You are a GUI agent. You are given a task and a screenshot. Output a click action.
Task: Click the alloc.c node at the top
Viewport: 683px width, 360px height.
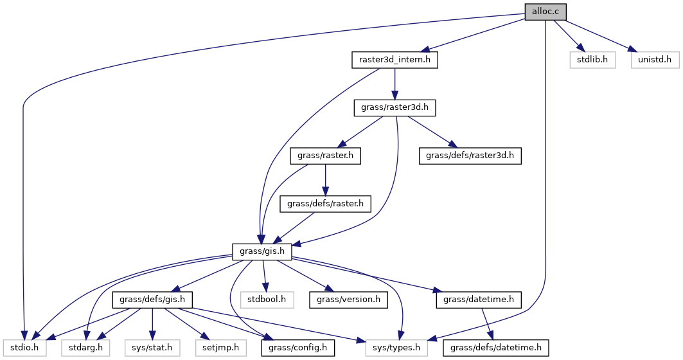coord(546,12)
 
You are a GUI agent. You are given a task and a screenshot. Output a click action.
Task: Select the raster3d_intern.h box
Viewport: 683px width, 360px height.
coord(395,60)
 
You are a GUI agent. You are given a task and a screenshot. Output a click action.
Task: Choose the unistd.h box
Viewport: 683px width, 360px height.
coord(654,60)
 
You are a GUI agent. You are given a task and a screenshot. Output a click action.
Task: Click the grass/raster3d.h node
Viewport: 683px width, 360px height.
coord(395,108)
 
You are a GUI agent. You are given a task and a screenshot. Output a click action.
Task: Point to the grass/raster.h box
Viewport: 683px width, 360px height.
coord(326,156)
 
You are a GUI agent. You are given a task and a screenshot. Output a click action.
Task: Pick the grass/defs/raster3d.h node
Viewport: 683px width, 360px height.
coord(470,156)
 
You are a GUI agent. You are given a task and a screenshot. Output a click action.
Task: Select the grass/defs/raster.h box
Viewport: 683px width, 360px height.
coord(326,204)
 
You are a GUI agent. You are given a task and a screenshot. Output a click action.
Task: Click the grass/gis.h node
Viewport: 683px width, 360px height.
coord(262,251)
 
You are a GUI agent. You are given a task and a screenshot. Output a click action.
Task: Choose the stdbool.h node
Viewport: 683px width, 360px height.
coord(267,300)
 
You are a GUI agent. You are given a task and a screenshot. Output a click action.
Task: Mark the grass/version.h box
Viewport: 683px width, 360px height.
coord(348,300)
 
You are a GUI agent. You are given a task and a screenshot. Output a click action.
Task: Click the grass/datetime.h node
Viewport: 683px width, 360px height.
coord(478,300)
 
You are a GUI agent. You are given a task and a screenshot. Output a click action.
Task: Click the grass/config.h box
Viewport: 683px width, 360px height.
coord(294,348)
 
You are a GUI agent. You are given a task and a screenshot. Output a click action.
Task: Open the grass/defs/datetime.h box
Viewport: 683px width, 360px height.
coord(495,348)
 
